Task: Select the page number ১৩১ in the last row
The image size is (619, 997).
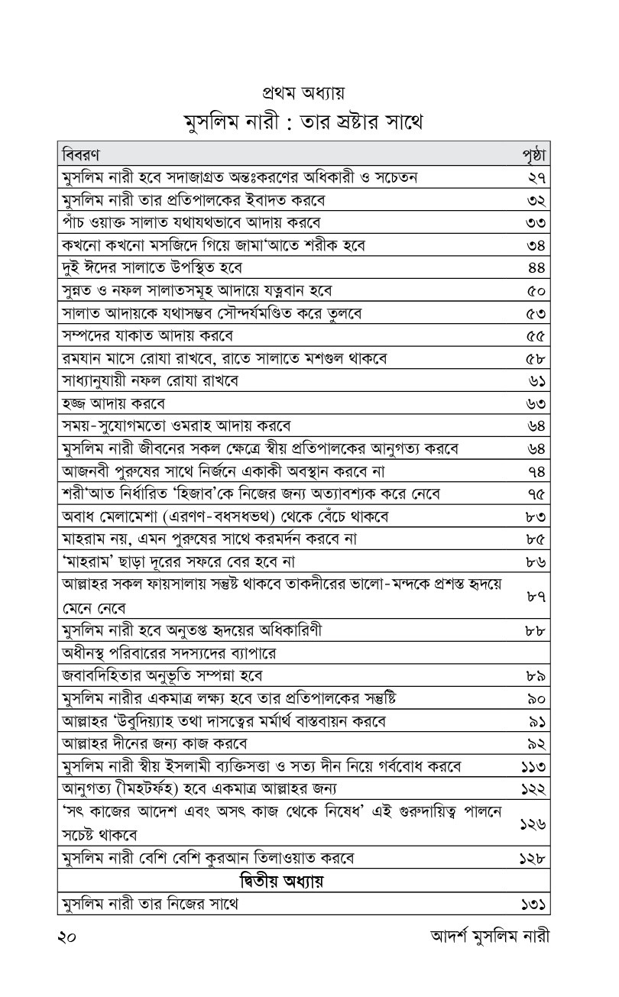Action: pyautogui.click(x=536, y=905)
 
